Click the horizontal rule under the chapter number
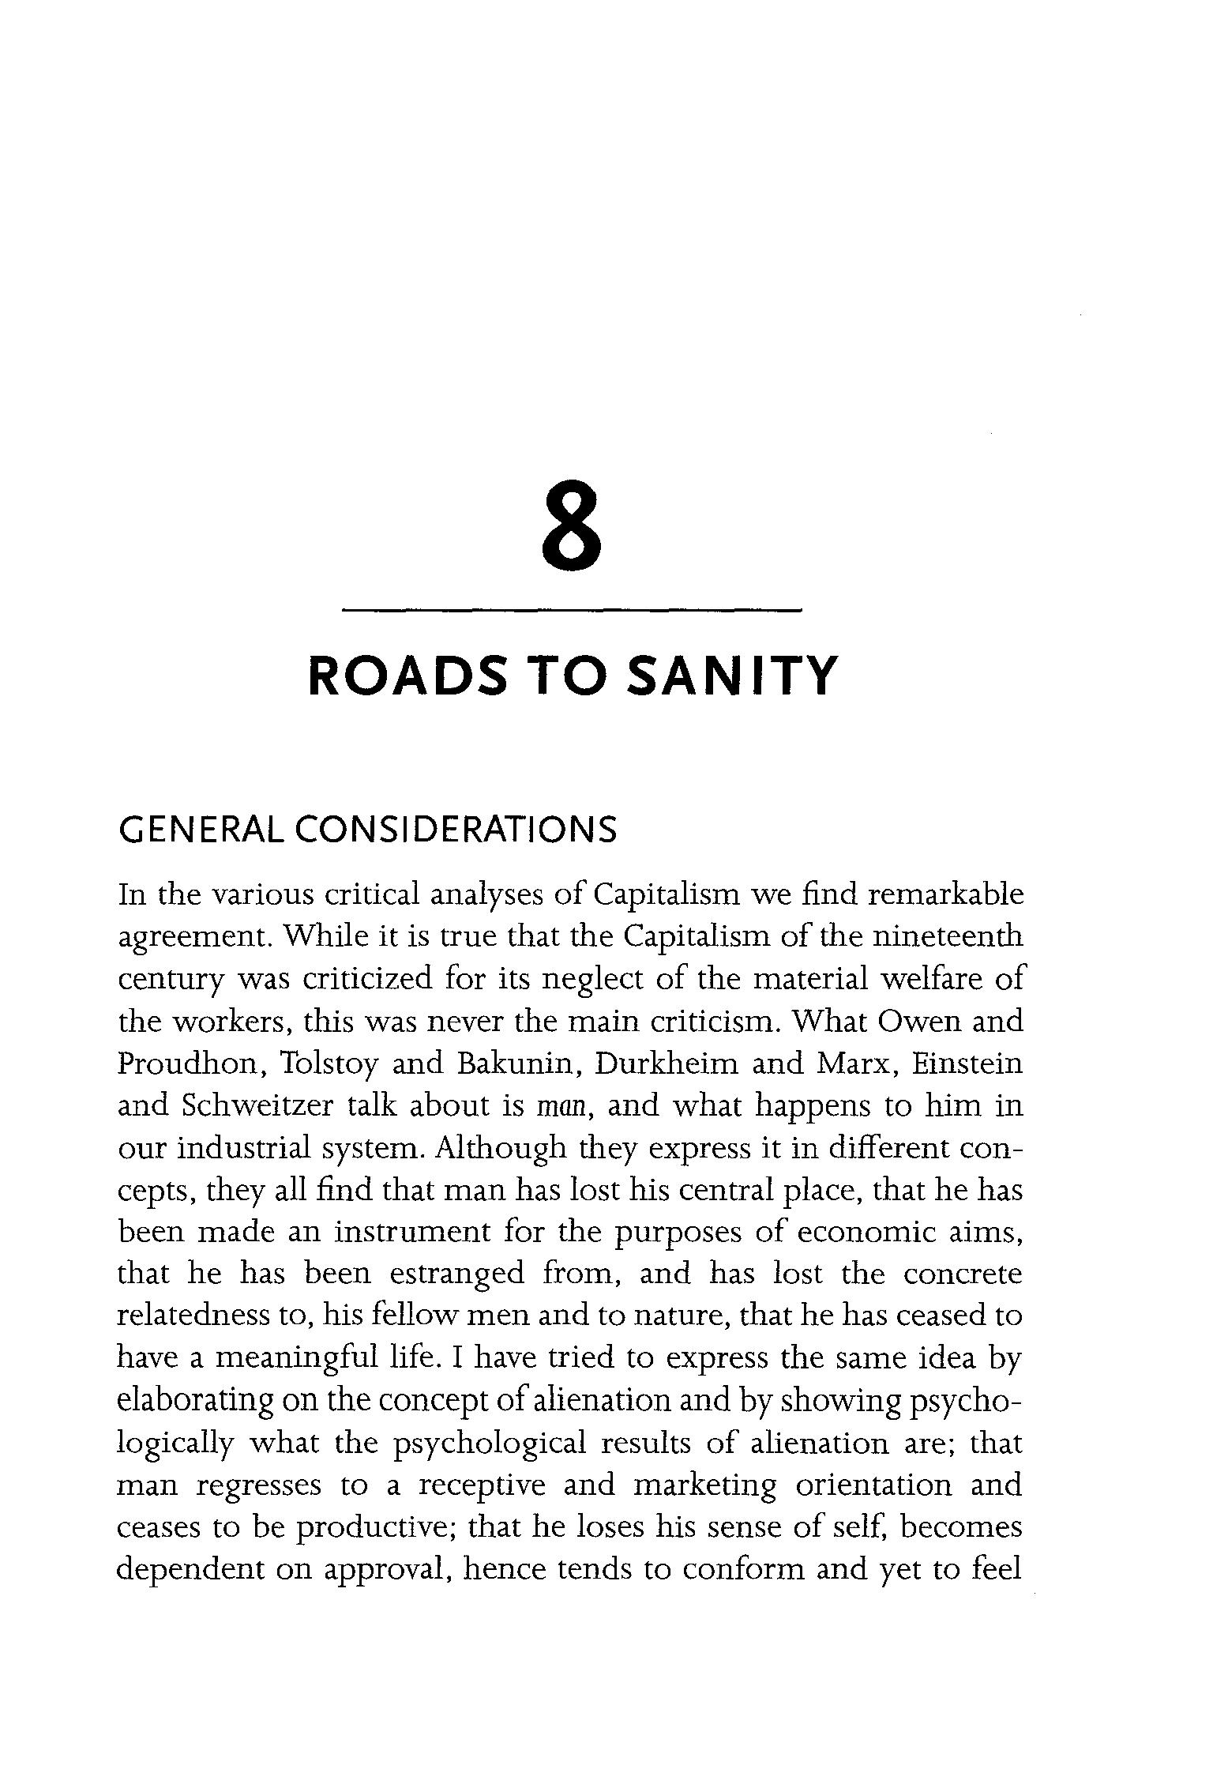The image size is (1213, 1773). click(x=572, y=610)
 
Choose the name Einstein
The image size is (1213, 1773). click(x=967, y=1063)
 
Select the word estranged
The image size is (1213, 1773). click(x=457, y=1274)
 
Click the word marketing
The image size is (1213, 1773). click(x=705, y=1485)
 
